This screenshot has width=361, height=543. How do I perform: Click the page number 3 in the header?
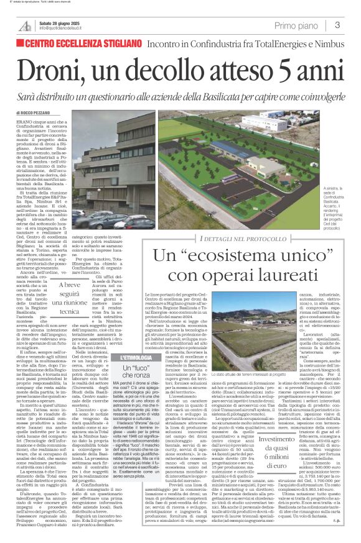(337, 25)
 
